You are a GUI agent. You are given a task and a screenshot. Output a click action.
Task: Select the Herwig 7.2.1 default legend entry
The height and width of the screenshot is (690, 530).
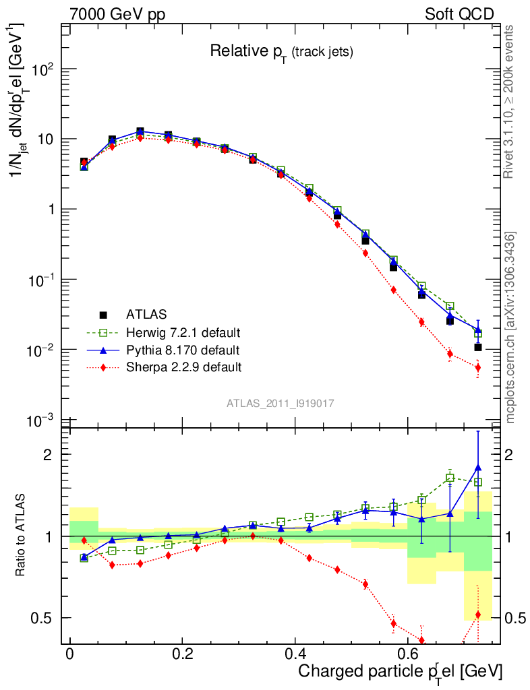[x=183, y=333]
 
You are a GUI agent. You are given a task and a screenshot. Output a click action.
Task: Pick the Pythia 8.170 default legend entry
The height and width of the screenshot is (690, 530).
[x=182, y=350]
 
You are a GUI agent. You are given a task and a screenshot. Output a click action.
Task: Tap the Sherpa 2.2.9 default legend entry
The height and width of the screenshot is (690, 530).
[x=183, y=368]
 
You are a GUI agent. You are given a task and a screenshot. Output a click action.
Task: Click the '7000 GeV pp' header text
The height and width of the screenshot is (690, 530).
[x=118, y=14]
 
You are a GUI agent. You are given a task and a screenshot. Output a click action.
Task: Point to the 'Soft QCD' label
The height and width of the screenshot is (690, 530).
[x=459, y=14]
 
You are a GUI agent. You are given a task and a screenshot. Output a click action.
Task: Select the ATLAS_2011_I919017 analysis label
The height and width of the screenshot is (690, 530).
[x=281, y=403]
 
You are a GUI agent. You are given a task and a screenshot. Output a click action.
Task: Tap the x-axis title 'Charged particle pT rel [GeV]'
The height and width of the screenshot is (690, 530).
[x=400, y=671]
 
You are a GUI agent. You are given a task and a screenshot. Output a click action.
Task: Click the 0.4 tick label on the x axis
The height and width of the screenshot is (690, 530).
[x=294, y=654]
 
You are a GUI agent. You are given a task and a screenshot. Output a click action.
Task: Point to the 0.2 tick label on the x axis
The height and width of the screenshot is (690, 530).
[x=182, y=654]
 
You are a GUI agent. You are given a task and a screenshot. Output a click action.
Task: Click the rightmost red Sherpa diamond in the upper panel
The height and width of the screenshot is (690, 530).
[x=478, y=367]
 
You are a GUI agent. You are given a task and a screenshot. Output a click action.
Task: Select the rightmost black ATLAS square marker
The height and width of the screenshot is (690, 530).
[x=478, y=347]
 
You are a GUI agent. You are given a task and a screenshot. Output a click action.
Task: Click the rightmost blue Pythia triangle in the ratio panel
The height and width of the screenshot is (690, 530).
[x=478, y=467]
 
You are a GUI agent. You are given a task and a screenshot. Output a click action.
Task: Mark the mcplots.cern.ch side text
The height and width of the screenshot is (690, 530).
[x=511, y=327]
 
